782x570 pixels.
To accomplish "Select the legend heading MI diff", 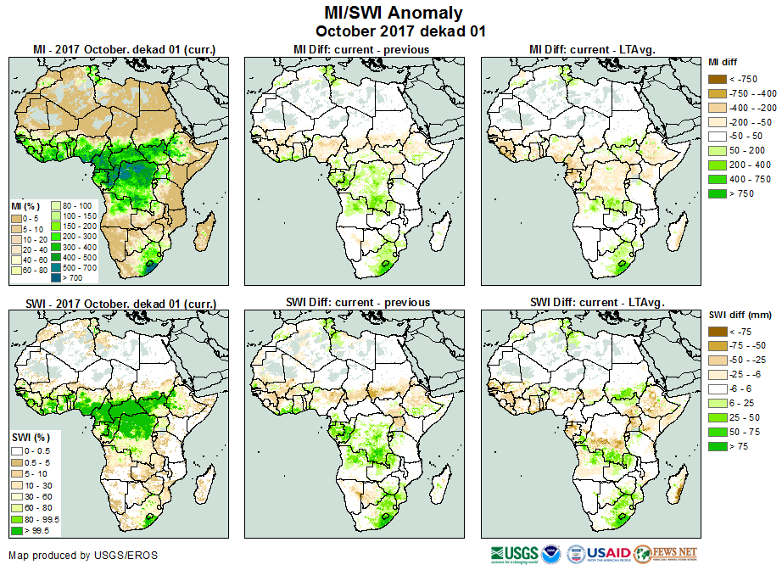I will point(723,62).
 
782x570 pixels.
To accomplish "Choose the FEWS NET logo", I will point(665,554).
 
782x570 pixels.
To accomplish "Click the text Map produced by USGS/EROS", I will point(82,556).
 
